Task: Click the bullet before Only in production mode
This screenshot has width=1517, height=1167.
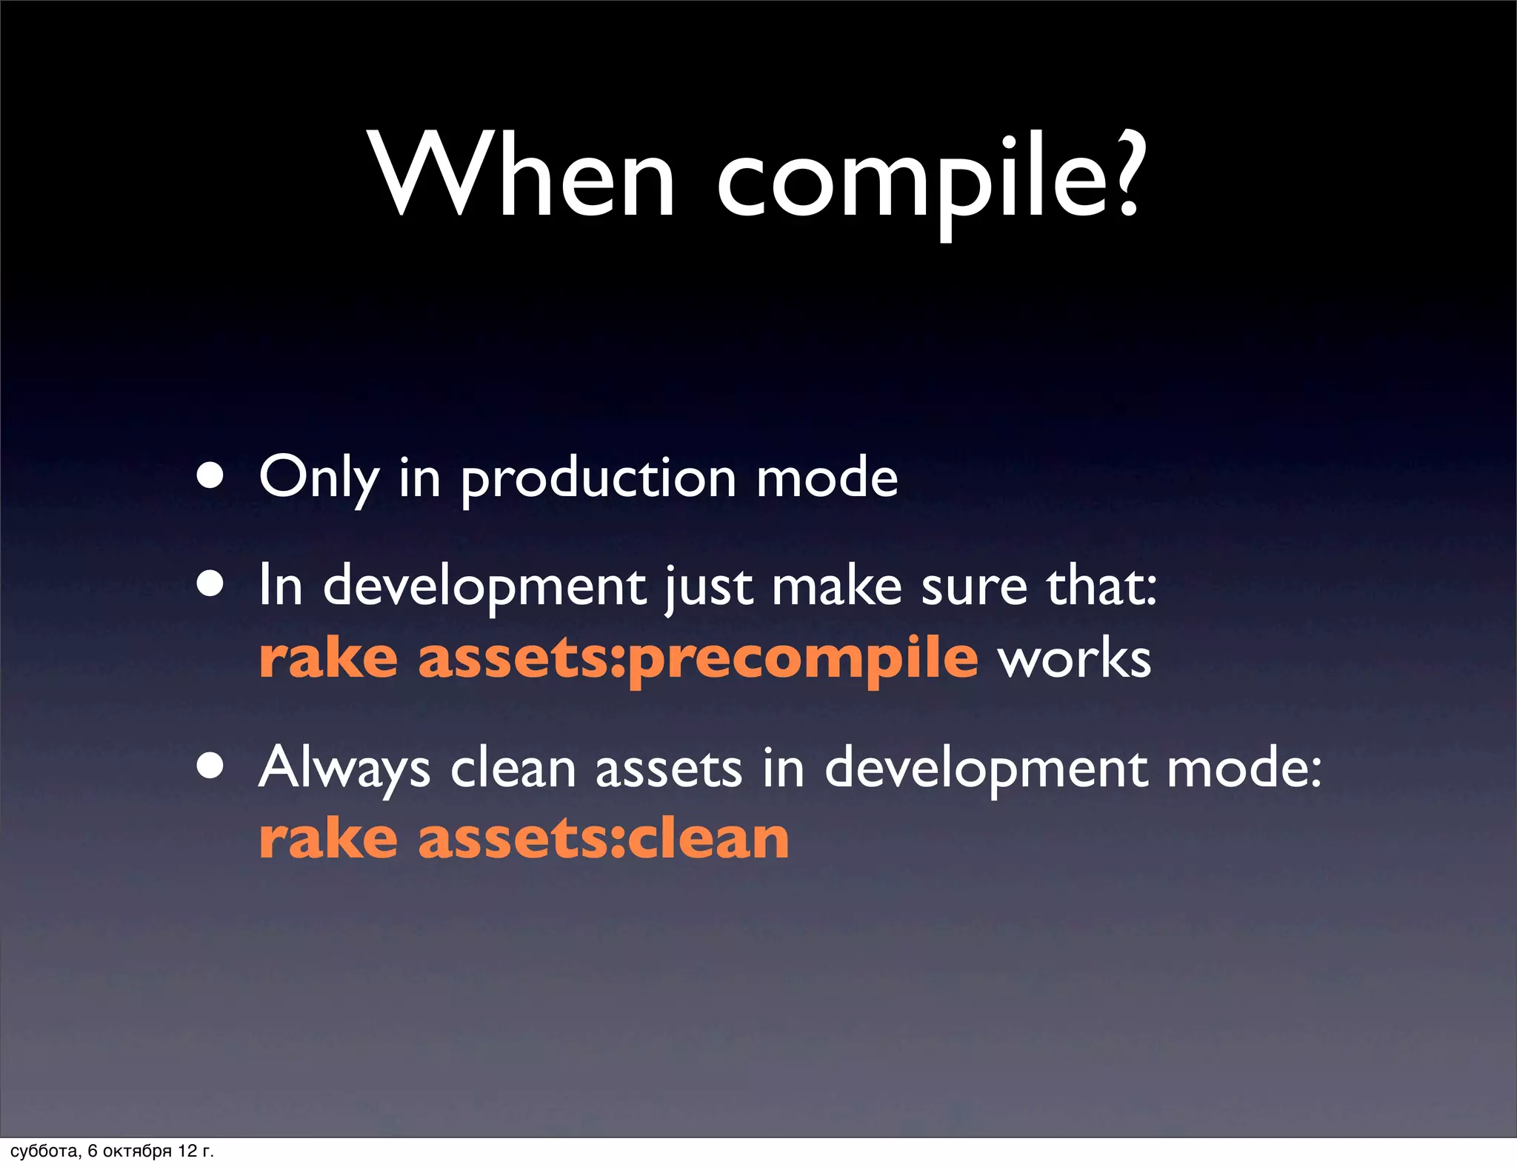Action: pyautogui.click(x=210, y=478)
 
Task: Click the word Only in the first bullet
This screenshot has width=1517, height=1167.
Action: pyautogui.click(x=319, y=478)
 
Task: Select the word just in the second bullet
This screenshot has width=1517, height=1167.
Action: pyautogui.click(x=708, y=588)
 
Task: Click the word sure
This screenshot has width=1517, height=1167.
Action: pyautogui.click(x=974, y=588)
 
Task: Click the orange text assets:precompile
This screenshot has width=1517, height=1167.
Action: pyautogui.click(x=698, y=658)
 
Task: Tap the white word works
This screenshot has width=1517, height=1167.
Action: pyautogui.click(x=1074, y=658)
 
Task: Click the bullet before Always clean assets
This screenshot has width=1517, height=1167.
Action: pyautogui.click(x=210, y=767)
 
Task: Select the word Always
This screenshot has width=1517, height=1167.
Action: pyautogui.click(x=344, y=769)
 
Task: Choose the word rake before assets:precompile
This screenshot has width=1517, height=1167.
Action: pyautogui.click(x=329, y=658)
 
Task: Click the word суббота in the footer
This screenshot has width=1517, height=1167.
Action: pyautogui.click(x=44, y=1151)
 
